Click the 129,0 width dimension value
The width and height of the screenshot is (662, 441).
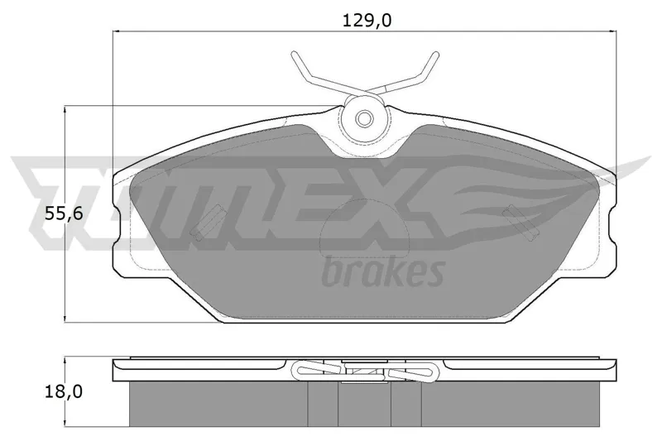[367, 20]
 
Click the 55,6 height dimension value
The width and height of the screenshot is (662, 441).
[64, 214]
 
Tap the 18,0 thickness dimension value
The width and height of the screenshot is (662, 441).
[64, 392]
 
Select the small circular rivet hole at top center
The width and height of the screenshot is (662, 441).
[363, 118]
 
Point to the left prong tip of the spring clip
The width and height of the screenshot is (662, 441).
[294, 54]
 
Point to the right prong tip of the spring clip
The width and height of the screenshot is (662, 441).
[435, 54]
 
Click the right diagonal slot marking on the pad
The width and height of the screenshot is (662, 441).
[519, 222]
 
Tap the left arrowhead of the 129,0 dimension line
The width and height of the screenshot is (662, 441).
[117, 31]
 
